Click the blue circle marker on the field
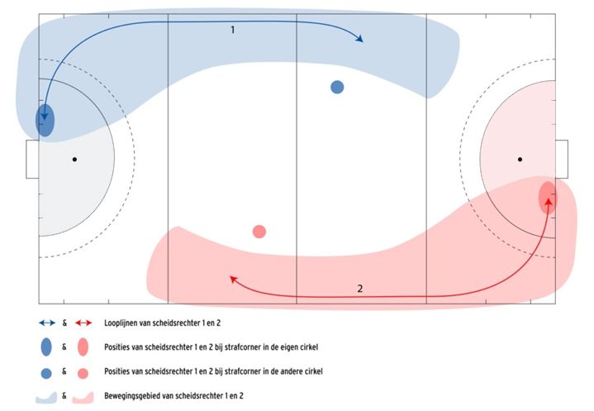coord(337,87)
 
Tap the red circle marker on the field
coord(259,232)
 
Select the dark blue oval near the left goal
coord(45,120)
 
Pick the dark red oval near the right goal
coord(548,197)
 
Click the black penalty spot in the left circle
coord(74,160)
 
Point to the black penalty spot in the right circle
coord(520,160)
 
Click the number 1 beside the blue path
coord(233,30)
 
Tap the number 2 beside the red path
coord(360,289)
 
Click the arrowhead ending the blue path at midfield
coord(359,38)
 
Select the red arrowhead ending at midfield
coord(234,280)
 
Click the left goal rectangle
coord(32,160)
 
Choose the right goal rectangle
coord(562,160)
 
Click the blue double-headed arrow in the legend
coord(47,323)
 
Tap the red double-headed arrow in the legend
coord(83,323)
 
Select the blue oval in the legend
coord(46,346)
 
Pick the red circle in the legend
coord(83,373)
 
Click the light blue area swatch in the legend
coord(46,397)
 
